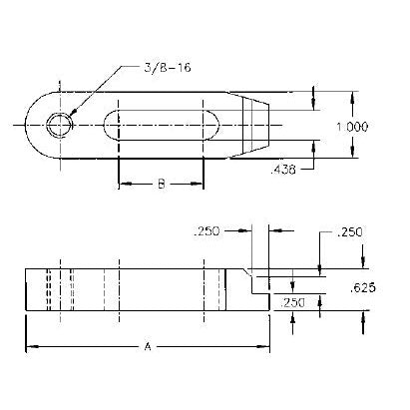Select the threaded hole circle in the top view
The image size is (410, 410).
pyautogui.click(x=60, y=125)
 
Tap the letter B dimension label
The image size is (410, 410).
pyautogui.click(x=162, y=184)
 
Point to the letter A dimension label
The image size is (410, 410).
pyautogui.click(x=147, y=346)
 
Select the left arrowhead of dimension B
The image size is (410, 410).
pyautogui.click(x=124, y=185)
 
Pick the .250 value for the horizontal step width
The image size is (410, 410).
pyautogui.click(x=208, y=230)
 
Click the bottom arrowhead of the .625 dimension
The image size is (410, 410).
pyautogui.click(x=362, y=318)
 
